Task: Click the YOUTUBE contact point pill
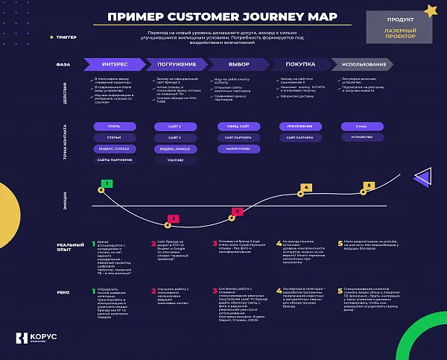click(x=175, y=160)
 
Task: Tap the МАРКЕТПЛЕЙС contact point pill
click(x=238, y=149)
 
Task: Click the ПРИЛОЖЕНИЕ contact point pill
click(x=299, y=127)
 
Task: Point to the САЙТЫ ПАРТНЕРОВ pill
click(x=114, y=160)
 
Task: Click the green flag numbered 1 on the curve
click(x=107, y=183)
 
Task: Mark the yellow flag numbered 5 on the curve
click(x=370, y=186)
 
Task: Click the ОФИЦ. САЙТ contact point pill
click(x=238, y=127)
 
